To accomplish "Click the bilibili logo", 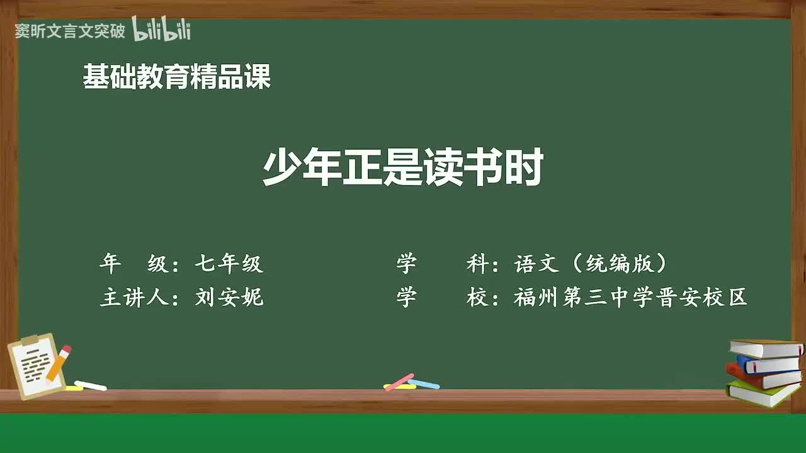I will pyautogui.click(x=161, y=30).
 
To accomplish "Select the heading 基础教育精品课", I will pyautogui.click(x=177, y=77).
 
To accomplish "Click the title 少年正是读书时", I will pyautogui.click(x=403, y=168).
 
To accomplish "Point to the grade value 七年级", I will pyautogui.click(x=229, y=264).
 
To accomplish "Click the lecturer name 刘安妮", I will pyautogui.click(x=229, y=298).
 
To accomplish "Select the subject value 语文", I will pyautogui.click(x=536, y=264).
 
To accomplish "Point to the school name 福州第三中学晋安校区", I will pyautogui.click(x=630, y=298).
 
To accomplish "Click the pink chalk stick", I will pyautogui.click(x=399, y=382).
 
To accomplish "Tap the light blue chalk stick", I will pyautogui.click(x=424, y=383).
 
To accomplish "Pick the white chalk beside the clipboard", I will pyautogui.click(x=91, y=385).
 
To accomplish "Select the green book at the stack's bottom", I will pyautogui.click(x=762, y=394).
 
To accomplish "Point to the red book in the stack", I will pyautogui.click(x=762, y=377).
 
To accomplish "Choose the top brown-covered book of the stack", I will pyautogui.click(x=765, y=348).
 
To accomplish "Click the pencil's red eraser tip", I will pyautogui.click(x=66, y=349).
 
